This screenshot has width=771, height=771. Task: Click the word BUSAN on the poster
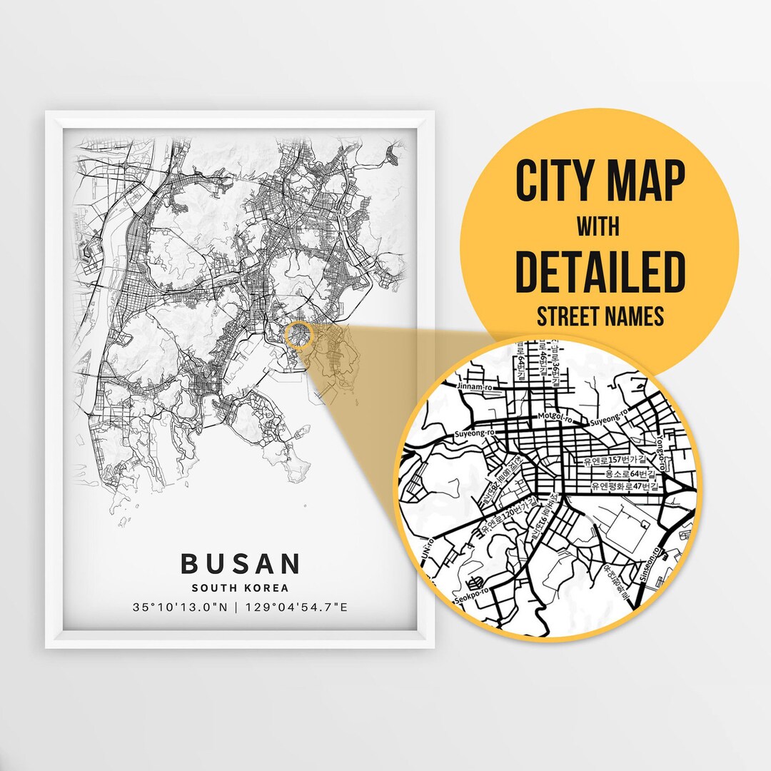[x=240, y=563]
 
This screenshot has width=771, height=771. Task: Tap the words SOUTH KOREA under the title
[x=240, y=588]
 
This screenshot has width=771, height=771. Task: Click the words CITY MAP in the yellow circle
[x=600, y=182]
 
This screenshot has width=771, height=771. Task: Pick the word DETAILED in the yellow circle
[x=600, y=271]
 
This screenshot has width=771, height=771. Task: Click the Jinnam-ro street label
[x=473, y=386]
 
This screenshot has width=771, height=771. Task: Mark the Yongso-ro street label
[x=660, y=453]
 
